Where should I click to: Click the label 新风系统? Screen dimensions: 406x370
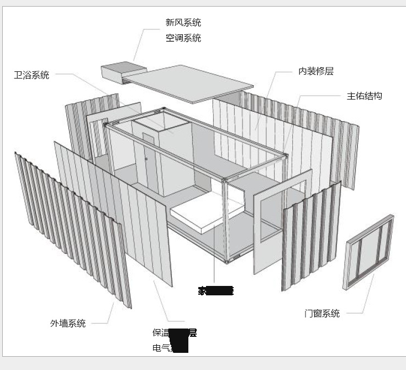pos(183,23)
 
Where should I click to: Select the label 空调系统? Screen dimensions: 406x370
pos(183,38)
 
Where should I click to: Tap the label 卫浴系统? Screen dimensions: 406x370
pos(31,75)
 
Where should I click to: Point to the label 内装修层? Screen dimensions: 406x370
pos(316,71)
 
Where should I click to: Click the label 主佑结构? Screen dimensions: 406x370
pos(364,96)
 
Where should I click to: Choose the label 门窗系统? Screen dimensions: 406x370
pos(322,314)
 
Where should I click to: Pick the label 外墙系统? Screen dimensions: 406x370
pos(68,324)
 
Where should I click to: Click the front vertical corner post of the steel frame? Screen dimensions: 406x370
pos(225,227)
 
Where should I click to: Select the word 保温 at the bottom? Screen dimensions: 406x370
pos(161,333)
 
